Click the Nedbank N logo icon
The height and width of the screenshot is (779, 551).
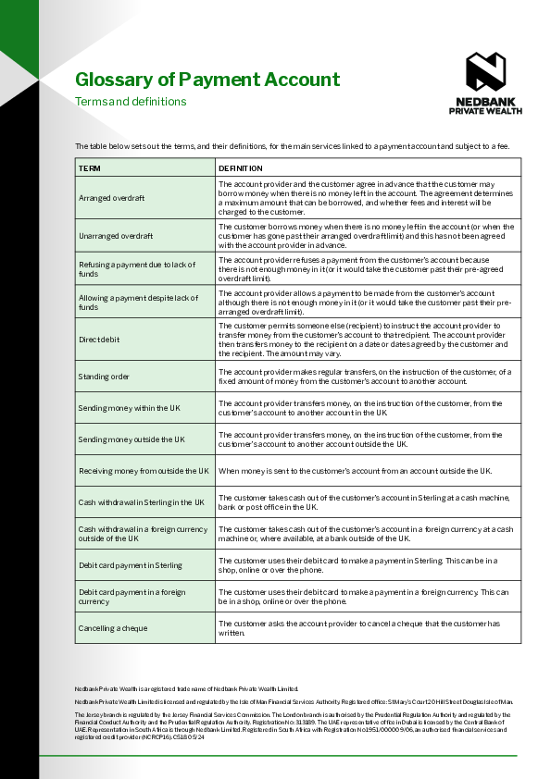[485, 71]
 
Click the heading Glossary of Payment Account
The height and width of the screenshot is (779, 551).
[207, 80]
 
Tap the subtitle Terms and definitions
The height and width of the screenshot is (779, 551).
[131, 102]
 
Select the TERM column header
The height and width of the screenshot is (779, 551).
[90, 168]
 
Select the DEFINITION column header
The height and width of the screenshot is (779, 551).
[241, 168]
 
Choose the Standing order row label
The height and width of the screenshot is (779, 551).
[104, 376]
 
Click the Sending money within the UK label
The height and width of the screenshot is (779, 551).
[129, 407]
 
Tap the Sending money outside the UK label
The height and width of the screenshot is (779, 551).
[131, 439]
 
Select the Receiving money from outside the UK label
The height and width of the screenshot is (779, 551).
[144, 470]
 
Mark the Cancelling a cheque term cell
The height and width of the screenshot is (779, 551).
[112, 628]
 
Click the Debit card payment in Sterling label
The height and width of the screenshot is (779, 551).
[131, 564]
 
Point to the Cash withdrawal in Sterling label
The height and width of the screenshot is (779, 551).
[141, 501]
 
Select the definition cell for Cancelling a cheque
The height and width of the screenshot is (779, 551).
[358, 627]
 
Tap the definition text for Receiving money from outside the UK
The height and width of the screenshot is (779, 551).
[355, 470]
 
